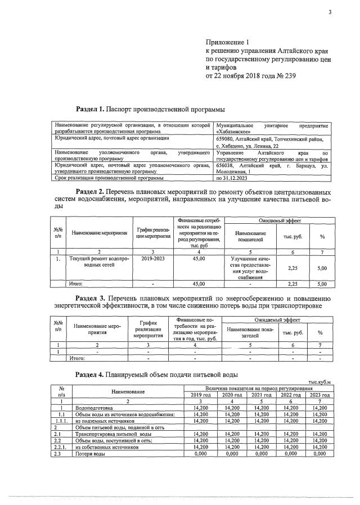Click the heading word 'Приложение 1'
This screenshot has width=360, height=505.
[226, 42]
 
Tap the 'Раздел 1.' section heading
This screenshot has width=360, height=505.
[94, 108]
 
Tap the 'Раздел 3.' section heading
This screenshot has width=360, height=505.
[94, 296]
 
